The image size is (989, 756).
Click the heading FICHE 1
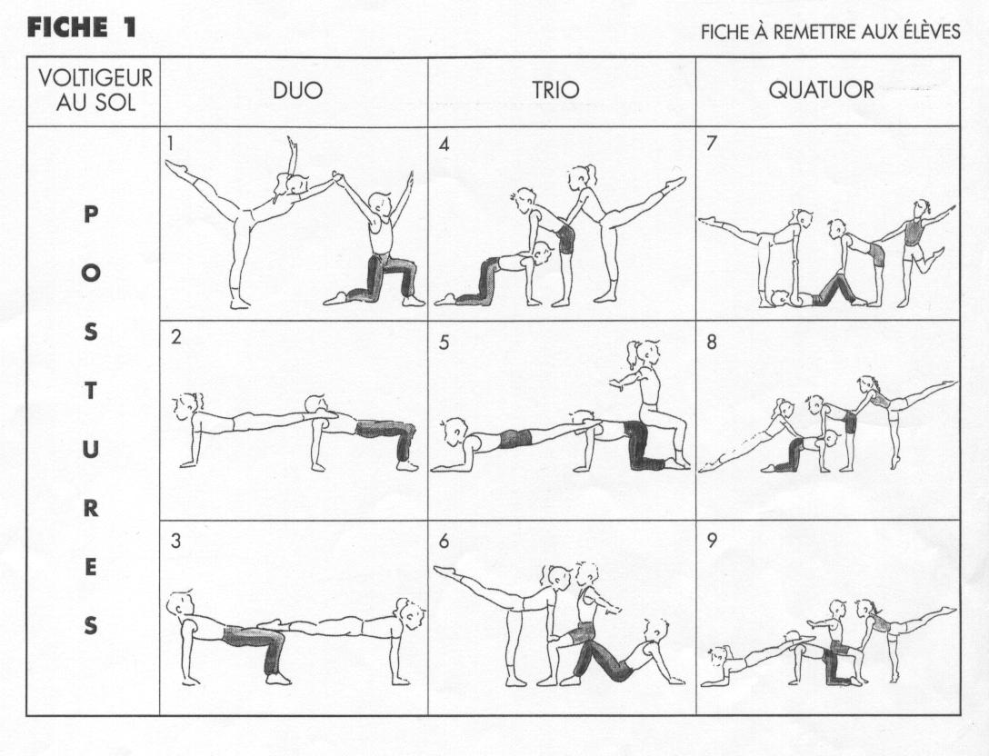(x=82, y=27)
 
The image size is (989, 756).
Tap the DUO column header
(x=297, y=91)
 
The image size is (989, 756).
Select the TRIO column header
(x=555, y=90)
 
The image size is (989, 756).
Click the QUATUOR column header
(x=821, y=90)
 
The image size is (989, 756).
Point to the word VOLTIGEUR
(x=95, y=78)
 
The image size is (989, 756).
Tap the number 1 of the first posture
(x=170, y=144)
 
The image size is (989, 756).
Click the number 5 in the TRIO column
(x=444, y=343)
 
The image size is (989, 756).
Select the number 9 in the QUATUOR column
(x=712, y=541)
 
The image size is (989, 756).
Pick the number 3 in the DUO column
(x=175, y=541)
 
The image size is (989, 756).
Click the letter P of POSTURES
(x=91, y=215)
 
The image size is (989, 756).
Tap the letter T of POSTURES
(x=91, y=391)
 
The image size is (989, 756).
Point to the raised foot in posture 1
(x=176, y=167)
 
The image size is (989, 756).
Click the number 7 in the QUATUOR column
(x=712, y=144)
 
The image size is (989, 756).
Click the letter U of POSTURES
(x=91, y=450)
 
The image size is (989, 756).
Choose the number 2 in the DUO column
(x=175, y=337)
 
